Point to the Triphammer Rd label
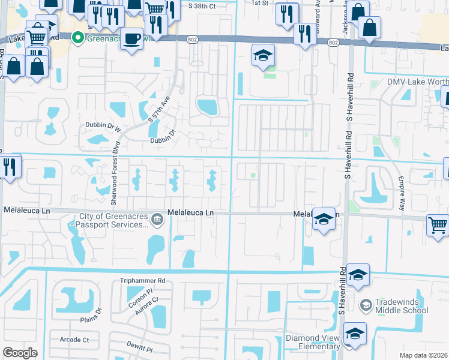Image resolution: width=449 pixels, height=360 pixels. (x=142, y=280)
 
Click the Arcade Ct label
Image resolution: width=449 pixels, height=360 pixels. (x=74, y=340)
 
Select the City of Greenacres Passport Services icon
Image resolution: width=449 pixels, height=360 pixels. (x=157, y=220)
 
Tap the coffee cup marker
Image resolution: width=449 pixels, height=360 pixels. (x=131, y=38)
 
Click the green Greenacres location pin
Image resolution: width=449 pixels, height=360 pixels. (x=77, y=38)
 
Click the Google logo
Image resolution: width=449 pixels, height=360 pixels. (x=20, y=353)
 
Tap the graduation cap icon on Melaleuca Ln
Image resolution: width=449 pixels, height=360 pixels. (x=324, y=220)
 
